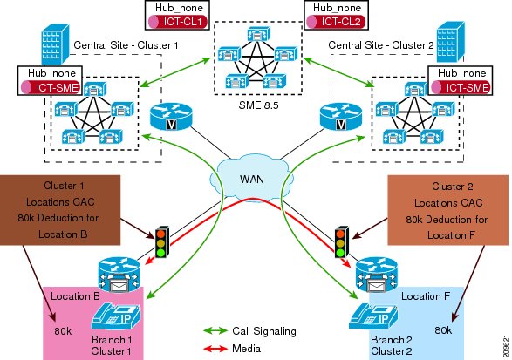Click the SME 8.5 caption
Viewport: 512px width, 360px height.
point(258,105)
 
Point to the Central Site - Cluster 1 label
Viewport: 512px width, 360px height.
point(126,45)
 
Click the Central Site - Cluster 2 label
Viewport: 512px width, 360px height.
point(381,45)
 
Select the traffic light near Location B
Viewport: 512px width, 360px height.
point(162,241)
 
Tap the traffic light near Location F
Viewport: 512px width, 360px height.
point(341,241)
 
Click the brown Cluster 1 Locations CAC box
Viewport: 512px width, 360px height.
point(60,210)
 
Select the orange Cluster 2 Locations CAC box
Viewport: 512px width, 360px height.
point(447,210)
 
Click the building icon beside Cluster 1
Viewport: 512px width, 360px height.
point(56,44)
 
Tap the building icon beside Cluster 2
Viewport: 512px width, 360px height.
point(451,42)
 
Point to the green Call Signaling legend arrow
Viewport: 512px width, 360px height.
point(215,331)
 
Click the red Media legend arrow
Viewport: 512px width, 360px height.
point(215,349)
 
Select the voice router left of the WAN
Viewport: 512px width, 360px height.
point(172,117)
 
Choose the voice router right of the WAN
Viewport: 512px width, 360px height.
point(341,117)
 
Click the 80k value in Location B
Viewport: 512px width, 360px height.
point(64,331)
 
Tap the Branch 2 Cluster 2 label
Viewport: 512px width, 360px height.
point(391,345)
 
